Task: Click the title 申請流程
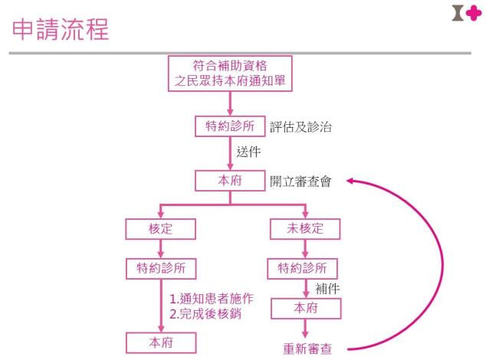(x=61, y=29)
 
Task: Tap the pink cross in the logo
(x=474, y=13)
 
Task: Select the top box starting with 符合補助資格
(x=230, y=74)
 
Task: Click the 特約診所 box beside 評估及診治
(x=230, y=126)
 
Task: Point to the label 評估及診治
(x=300, y=127)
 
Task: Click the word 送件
(x=248, y=152)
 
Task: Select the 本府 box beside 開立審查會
(x=230, y=181)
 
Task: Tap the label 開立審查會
(x=300, y=182)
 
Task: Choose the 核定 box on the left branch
(x=160, y=229)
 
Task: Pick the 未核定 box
(x=305, y=229)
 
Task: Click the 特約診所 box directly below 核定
(x=161, y=268)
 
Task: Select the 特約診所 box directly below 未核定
(x=302, y=268)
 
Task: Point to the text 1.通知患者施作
(x=212, y=299)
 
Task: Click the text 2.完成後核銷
(x=205, y=314)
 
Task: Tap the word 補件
(x=327, y=289)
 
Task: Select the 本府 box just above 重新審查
(x=306, y=309)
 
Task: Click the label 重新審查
(x=307, y=349)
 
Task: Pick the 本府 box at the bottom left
(x=161, y=342)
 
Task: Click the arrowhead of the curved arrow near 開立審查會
(x=350, y=181)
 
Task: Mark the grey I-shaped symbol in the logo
(x=458, y=13)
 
